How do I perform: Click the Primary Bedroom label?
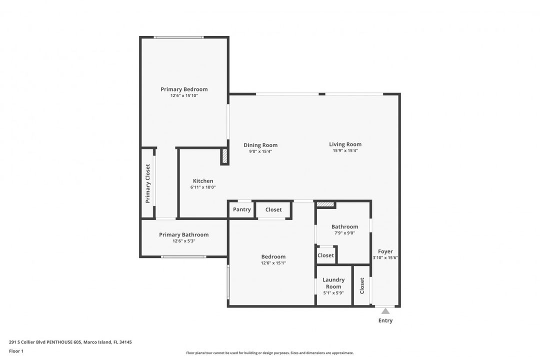(x=184, y=89)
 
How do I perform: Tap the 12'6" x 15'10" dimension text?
(x=184, y=96)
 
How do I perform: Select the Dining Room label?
(x=260, y=145)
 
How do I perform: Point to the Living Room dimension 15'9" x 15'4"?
(x=345, y=150)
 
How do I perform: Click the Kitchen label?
(x=203, y=181)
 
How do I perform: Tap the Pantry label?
(x=242, y=209)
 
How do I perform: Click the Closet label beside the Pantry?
(x=273, y=209)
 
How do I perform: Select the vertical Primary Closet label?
(x=147, y=183)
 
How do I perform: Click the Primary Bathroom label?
(x=183, y=234)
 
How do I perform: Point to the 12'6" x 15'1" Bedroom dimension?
(x=273, y=263)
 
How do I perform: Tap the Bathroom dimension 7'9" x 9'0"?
(x=344, y=233)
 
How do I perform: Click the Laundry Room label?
(x=333, y=283)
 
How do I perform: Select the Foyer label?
(x=385, y=251)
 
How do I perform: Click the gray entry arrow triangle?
(x=385, y=311)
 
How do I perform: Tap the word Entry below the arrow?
(x=385, y=320)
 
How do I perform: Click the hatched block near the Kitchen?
(x=224, y=156)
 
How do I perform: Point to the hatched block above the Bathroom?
(x=325, y=204)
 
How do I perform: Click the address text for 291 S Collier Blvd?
(x=70, y=342)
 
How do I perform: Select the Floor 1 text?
(x=16, y=351)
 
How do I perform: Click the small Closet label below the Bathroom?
(x=325, y=255)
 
